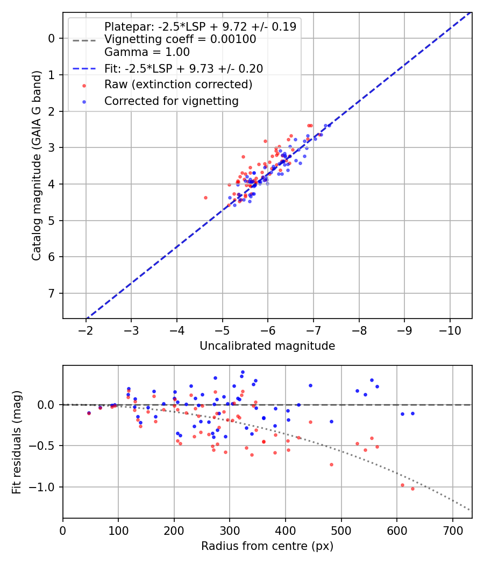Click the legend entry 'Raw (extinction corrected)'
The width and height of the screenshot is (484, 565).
tap(178, 84)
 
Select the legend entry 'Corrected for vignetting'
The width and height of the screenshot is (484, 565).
tap(171, 101)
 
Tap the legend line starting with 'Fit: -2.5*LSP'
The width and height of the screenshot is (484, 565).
tap(183, 68)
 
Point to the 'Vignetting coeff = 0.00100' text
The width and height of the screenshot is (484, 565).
tap(180, 39)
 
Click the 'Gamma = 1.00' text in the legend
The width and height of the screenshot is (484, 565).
tap(147, 52)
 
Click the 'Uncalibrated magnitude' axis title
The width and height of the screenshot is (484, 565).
tap(267, 346)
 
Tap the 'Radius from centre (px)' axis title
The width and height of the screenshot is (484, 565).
tap(267, 546)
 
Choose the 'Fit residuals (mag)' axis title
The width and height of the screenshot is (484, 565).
tap(17, 442)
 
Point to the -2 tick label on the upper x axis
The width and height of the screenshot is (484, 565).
tap(86, 329)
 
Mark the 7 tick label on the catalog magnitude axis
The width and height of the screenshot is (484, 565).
tap(52, 293)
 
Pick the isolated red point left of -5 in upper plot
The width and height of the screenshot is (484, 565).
tap(205, 197)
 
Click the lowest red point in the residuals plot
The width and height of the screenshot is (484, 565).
tap(412, 489)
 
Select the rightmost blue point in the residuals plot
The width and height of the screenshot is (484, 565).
tap(412, 413)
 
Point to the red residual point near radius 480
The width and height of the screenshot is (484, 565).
tap(331, 464)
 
